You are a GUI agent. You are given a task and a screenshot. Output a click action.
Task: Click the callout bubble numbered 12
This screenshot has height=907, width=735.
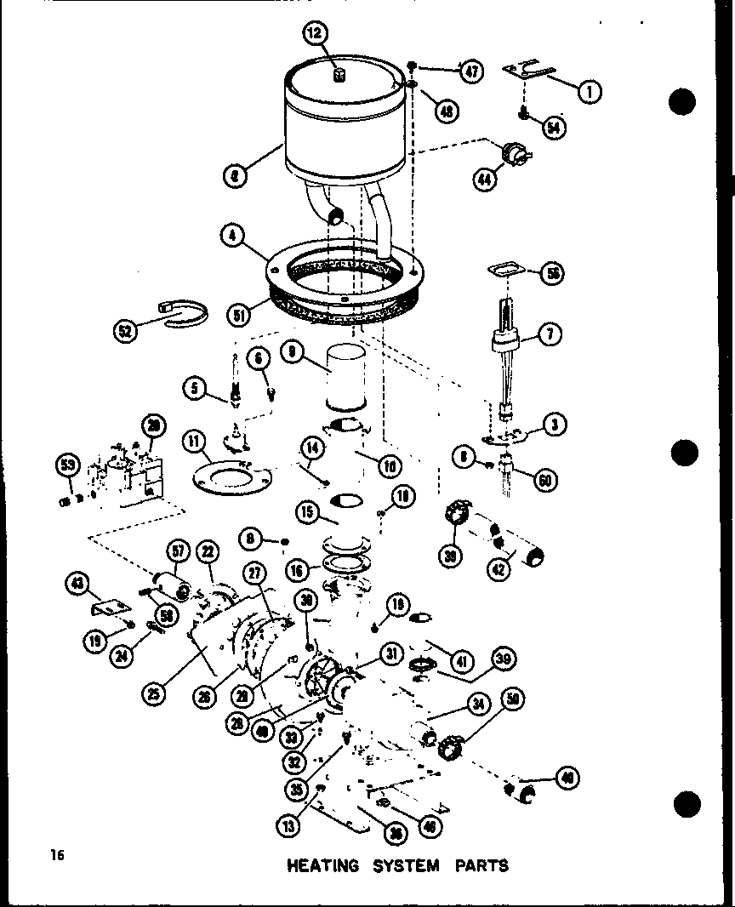pyautogui.click(x=314, y=34)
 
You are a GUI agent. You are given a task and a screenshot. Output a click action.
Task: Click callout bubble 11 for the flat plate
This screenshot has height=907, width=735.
pyautogui.click(x=195, y=442)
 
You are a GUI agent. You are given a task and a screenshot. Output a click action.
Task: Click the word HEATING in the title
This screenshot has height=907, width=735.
pyautogui.click(x=323, y=866)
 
